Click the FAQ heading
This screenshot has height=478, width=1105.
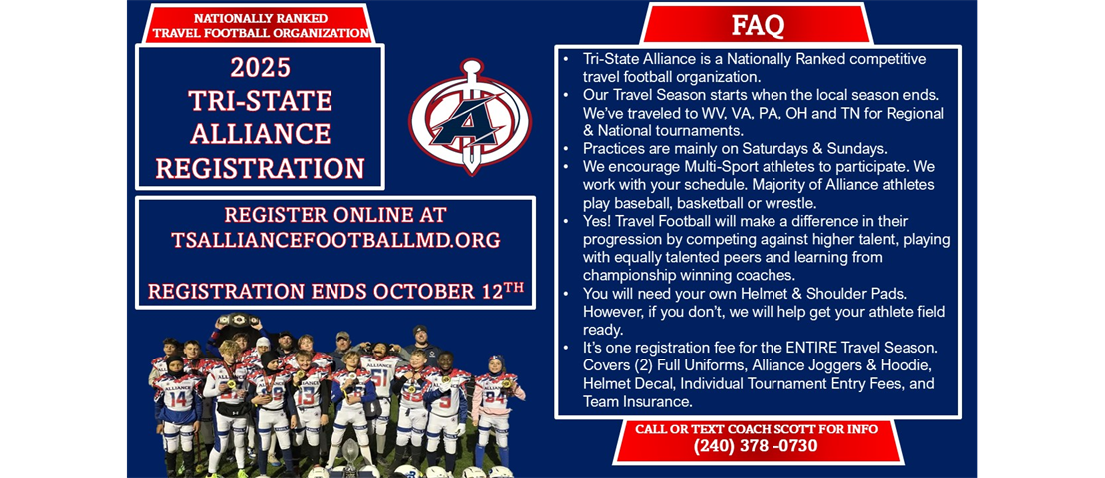click(x=757, y=25)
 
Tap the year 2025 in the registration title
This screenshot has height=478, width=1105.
click(x=260, y=67)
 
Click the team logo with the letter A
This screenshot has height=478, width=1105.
click(x=470, y=118)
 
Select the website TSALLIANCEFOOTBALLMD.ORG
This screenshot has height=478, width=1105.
click(x=335, y=240)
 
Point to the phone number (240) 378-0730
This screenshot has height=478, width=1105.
click(x=757, y=446)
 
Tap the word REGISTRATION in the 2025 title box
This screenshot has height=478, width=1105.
click(x=260, y=168)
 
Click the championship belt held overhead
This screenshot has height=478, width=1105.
click(x=238, y=320)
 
